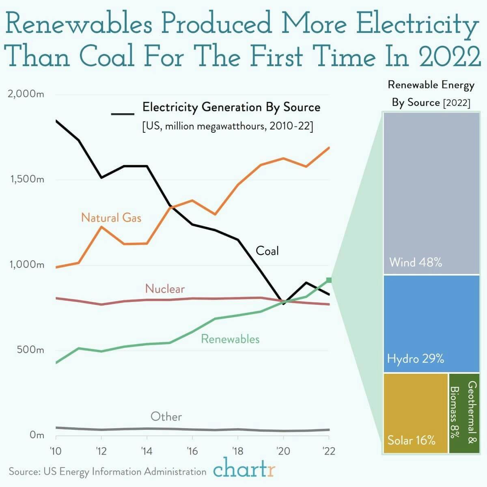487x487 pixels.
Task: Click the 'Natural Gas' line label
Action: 111,218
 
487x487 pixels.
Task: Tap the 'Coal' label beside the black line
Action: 267,251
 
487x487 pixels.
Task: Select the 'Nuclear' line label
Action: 165,289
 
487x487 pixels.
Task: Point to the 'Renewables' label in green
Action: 230,339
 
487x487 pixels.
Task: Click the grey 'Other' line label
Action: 166,417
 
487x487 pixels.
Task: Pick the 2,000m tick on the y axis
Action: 26,94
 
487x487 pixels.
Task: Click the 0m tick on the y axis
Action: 37,435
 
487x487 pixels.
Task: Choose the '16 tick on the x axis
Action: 192,451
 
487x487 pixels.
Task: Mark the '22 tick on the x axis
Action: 328,451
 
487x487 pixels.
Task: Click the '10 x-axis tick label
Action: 56,451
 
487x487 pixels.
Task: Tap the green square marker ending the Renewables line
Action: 329,280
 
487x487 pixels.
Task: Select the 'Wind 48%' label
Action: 416,262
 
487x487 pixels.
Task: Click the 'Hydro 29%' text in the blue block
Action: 416,359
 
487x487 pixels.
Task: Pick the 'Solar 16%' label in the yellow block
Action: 412,440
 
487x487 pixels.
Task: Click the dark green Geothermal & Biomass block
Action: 464,413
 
